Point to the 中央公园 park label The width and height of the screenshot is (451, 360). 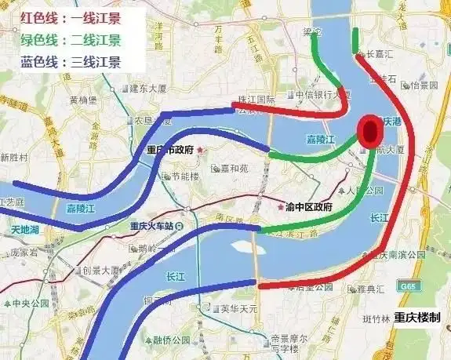point(32,303)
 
